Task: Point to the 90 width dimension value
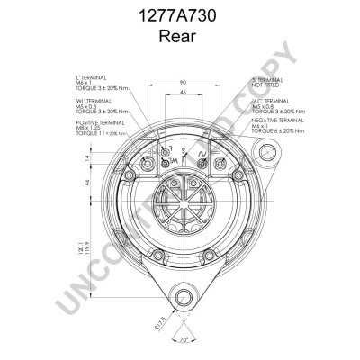[182, 81]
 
